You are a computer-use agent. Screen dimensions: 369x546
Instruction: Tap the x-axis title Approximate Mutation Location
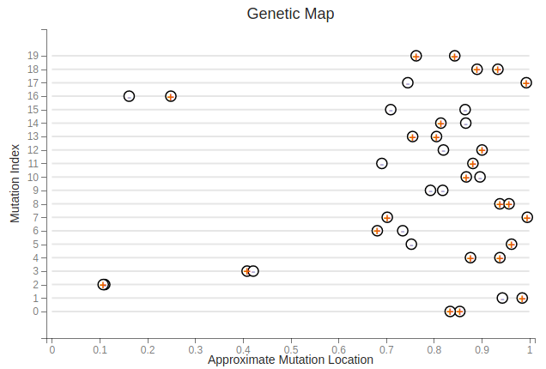(x=290, y=360)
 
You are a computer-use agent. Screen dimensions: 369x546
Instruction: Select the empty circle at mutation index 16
(x=129, y=96)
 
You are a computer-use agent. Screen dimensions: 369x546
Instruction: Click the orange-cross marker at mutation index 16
(x=171, y=96)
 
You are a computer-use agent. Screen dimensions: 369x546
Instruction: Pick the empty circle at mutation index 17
(x=408, y=82)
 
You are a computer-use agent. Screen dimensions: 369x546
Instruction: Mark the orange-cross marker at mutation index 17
(x=526, y=82)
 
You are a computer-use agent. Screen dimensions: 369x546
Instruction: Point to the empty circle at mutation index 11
(x=382, y=163)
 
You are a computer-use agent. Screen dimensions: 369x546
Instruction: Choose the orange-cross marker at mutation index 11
(x=473, y=163)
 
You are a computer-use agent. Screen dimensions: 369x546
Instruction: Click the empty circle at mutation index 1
(x=502, y=298)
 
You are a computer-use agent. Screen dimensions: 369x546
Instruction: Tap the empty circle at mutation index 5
(x=411, y=244)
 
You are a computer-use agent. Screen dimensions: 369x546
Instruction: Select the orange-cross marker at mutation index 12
(x=482, y=150)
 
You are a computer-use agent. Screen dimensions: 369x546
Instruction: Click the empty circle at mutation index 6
(x=403, y=231)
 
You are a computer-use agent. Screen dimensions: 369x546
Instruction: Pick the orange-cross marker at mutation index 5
(x=512, y=244)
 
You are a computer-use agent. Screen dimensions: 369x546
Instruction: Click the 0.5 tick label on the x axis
(x=291, y=348)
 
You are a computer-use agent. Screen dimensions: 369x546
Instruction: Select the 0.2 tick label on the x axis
(x=148, y=348)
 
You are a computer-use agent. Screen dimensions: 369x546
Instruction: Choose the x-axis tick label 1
(x=531, y=348)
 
